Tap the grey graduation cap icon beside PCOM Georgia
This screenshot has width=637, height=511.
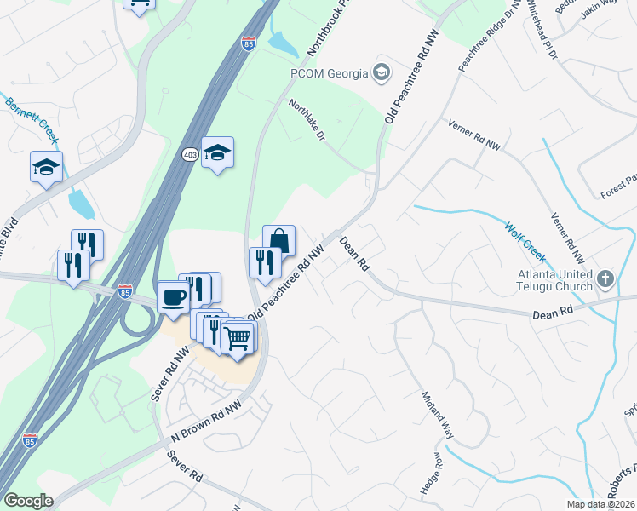pyautogui.click(x=381, y=72)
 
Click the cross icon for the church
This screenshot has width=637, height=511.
pyautogui.click(x=605, y=278)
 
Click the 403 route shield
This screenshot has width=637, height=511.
pyautogui.click(x=190, y=153)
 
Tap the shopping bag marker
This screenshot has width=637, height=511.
pyautogui.click(x=278, y=242)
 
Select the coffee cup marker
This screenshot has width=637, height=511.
pyautogui.click(x=174, y=299)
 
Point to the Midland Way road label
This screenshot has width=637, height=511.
pyautogui.click(x=439, y=416)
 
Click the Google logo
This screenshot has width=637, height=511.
pyautogui.click(x=28, y=501)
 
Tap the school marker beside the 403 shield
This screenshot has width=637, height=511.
pyautogui.click(x=217, y=153)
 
